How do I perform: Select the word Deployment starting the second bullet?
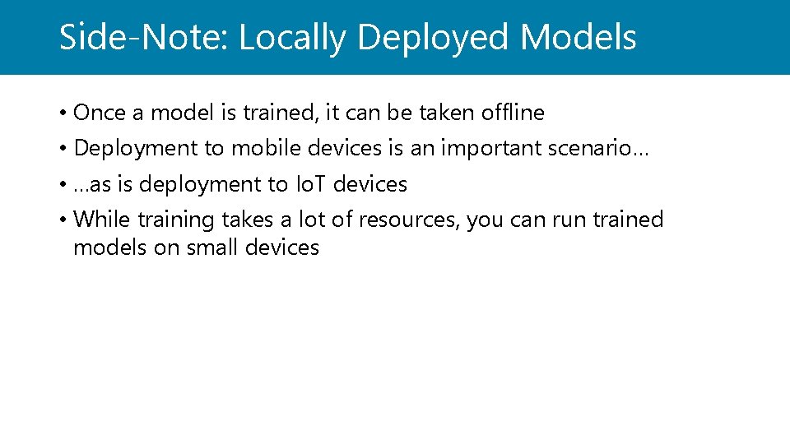pyautogui.click(x=136, y=148)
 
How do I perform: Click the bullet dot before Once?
pyautogui.click(x=63, y=113)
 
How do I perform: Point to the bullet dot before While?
pyautogui.click(x=63, y=221)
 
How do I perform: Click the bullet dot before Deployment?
pyautogui.click(x=63, y=149)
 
